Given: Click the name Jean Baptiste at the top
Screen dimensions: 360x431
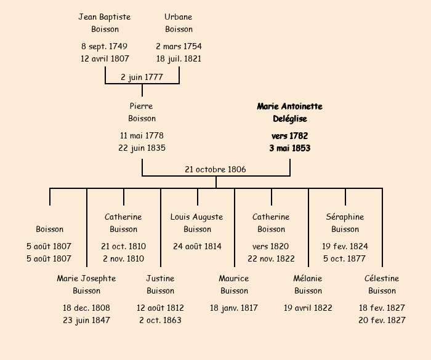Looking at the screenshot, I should [x=105, y=17].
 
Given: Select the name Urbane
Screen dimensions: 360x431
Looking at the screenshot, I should [x=179, y=17].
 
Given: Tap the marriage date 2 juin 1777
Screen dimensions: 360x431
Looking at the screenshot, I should [x=142, y=77].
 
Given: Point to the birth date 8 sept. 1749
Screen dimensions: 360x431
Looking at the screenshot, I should [x=105, y=46].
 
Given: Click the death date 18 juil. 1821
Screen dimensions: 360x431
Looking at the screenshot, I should [x=179, y=59].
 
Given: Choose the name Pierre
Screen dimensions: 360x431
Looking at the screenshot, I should [x=142, y=106].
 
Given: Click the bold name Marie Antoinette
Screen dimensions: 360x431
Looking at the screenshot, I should [x=289, y=106].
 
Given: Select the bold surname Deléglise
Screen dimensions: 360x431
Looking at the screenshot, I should [x=289, y=119].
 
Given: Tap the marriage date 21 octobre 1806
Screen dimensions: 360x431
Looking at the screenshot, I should [x=216, y=169].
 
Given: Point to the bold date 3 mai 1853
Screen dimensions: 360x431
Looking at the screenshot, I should [x=289, y=148].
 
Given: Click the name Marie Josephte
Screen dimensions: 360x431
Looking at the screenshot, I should [x=86, y=278].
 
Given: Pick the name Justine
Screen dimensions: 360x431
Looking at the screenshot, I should [x=160, y=278].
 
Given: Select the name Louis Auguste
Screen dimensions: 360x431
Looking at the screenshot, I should [x=197, y=217].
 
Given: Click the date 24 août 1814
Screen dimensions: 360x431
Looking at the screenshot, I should [x=197, y=246].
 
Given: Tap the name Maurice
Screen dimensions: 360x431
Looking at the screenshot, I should [x=234, y=278].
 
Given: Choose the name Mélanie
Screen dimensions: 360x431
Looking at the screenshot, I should [x=308, y=278].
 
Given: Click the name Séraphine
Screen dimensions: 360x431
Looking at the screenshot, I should [x=345, y=217].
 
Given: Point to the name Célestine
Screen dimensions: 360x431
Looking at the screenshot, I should [x=382, y=278].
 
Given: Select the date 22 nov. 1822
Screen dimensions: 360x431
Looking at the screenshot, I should [x=271, y=259].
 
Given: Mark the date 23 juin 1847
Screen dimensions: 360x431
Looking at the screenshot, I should [x=86, y=320].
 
